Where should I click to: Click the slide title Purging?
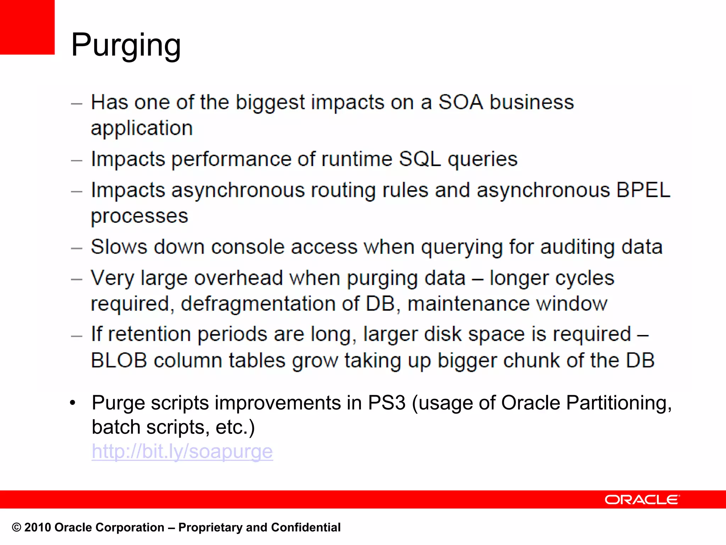click(126, 45)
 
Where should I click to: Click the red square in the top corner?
click(27, 27)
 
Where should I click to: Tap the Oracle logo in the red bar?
click(642, 500)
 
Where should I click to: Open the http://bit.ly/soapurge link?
click(182, 451)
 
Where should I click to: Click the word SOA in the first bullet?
click(460, 102)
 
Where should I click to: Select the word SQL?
click(420, 159)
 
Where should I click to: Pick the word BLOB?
click(119, 360)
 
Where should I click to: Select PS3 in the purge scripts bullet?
click(386, 403)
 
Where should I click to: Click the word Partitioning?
click(619, 403)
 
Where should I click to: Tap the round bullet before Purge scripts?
click(73, 403)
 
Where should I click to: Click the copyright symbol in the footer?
click(17, 528)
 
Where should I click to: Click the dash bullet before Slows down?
click(77, 248)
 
